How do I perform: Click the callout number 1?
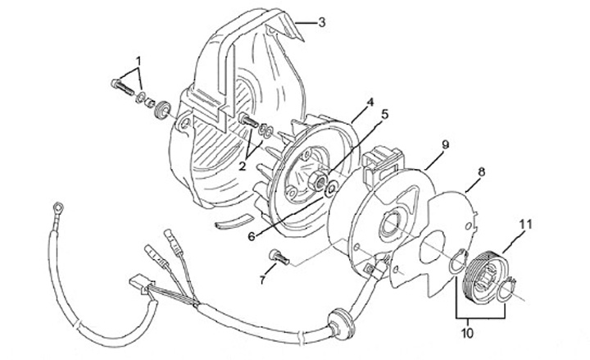tap(138, 61)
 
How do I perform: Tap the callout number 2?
tap(243, 165)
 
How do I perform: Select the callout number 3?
tap(322, 22)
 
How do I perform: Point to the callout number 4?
tap(370, 103)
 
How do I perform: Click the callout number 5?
tap(383, 114)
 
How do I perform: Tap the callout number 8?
tap(482, 172)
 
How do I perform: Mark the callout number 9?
tap(446, 144)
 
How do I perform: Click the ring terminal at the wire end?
tap(57, 207)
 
